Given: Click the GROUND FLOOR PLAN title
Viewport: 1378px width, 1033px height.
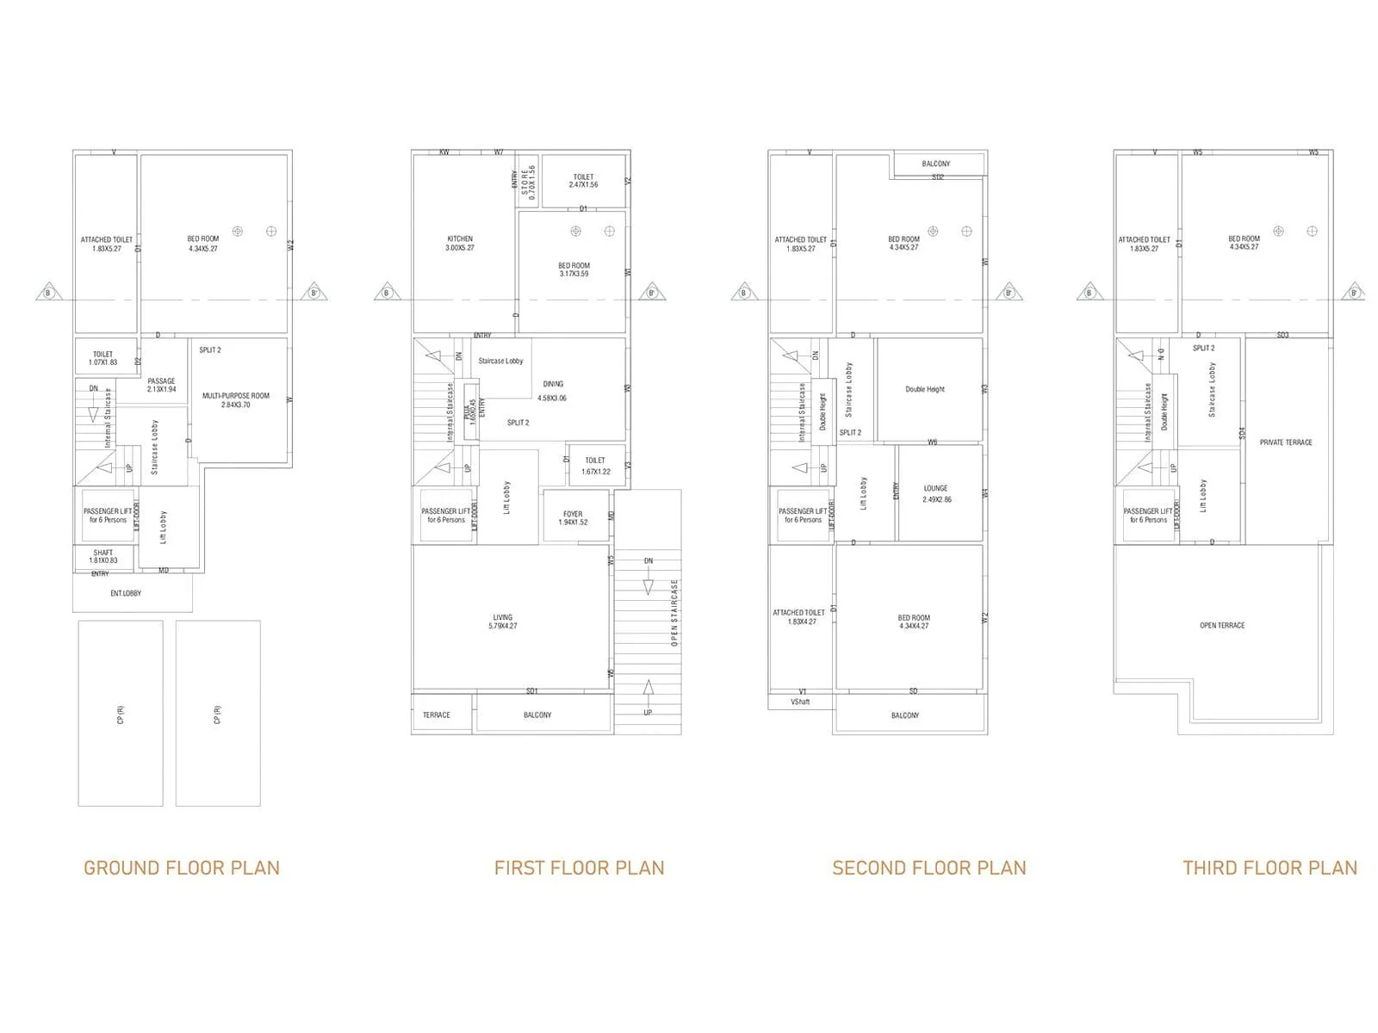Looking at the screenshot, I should (182, 868).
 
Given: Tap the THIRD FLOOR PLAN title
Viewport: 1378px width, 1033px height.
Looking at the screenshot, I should (1269, 868).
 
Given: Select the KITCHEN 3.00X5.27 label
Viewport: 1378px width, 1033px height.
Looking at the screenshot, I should (460, 243).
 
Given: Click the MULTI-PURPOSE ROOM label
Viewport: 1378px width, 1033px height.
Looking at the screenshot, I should (236, 399).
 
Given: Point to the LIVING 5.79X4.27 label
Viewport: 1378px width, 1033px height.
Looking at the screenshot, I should (503, 622).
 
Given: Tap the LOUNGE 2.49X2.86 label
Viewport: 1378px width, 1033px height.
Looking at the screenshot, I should (936, 493).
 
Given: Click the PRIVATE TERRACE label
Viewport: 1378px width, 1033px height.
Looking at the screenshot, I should (1286, 442).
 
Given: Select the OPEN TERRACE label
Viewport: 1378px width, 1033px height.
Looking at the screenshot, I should (1222, 625).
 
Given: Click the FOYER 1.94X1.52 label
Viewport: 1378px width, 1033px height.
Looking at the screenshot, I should (573, 517).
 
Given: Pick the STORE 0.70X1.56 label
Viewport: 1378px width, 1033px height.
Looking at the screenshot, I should (528, 182).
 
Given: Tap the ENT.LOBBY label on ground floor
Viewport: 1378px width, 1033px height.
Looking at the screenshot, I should (126, 593).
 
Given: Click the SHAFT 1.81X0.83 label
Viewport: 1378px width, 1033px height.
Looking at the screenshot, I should (103, 556).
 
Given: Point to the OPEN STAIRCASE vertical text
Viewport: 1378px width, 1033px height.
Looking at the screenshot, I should (674, 612).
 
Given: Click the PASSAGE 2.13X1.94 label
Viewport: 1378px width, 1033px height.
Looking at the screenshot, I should (161, 385).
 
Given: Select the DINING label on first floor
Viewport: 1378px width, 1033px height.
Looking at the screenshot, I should (553, 384).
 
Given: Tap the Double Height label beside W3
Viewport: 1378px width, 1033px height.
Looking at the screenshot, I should (925, 389).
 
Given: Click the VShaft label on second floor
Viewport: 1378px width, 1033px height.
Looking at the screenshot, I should (800, 702).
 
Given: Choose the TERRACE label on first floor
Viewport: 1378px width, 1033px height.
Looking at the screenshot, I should (437, 714).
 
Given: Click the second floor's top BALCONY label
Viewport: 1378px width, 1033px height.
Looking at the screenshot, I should (936, 164).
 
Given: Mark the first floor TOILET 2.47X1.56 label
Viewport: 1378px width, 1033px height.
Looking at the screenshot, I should (583, 181).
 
